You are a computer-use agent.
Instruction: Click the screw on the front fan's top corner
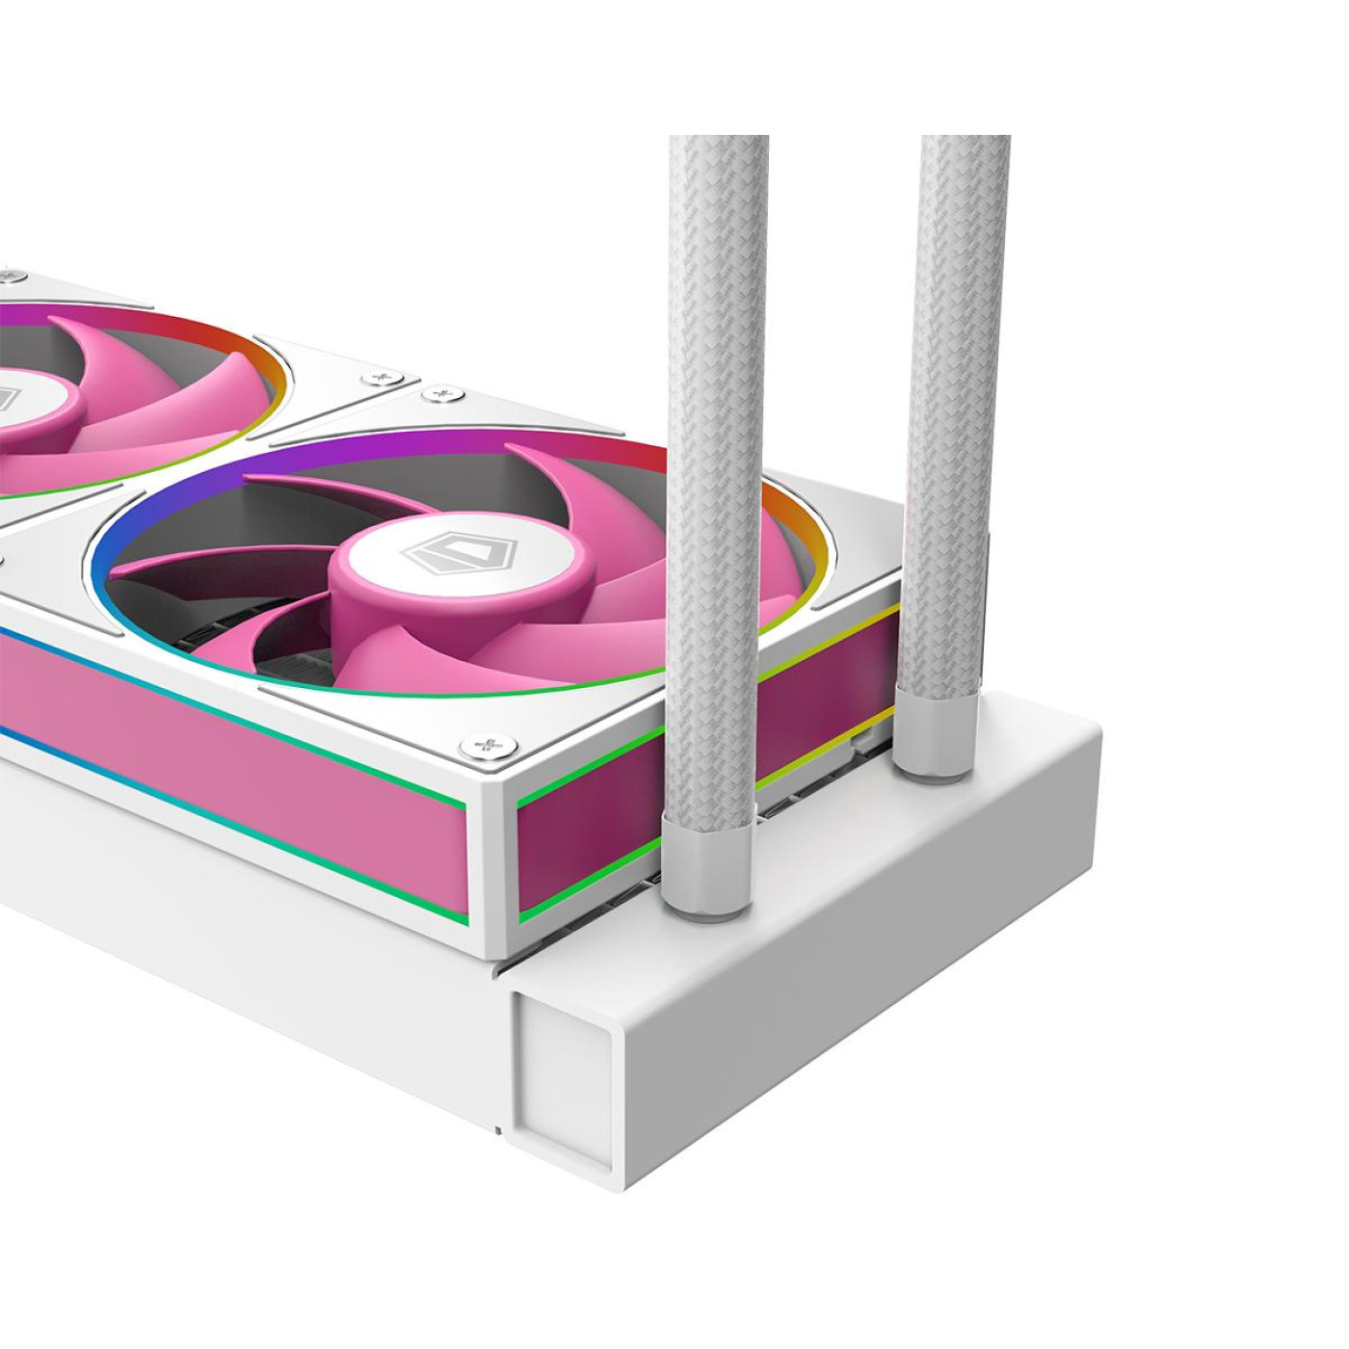442,393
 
